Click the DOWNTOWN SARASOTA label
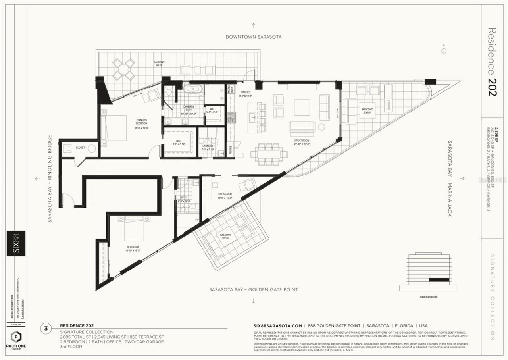(x=254, y=37)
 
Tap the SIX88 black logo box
(x=16, y=243)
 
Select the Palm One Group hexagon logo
(x=16, y=336)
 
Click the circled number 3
(x=46, y=328)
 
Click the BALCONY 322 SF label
(x=160, y=64)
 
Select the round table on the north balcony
(x=123, y=69)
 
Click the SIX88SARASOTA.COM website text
(x=278, y=324)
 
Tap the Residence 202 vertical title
(x=492, y=62)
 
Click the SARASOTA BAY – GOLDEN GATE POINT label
(x=254, y=290)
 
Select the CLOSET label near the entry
(x=80, y=148)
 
